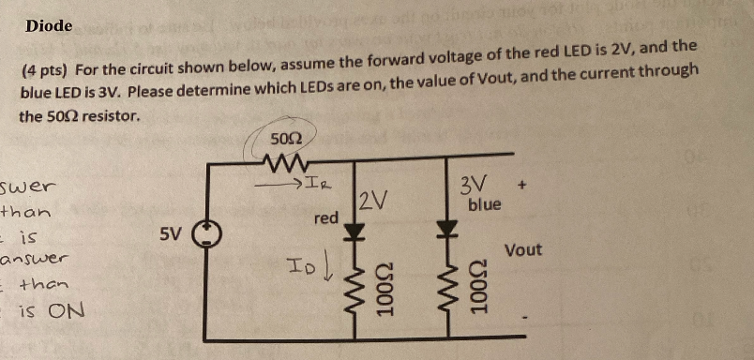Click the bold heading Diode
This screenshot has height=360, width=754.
pos(49,25)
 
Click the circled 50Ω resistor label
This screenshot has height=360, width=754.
pos(284,140)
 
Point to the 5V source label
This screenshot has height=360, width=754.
pos(171,232)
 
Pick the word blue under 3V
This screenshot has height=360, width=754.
pos(485,203)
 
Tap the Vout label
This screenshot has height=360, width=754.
pos(523,250)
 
